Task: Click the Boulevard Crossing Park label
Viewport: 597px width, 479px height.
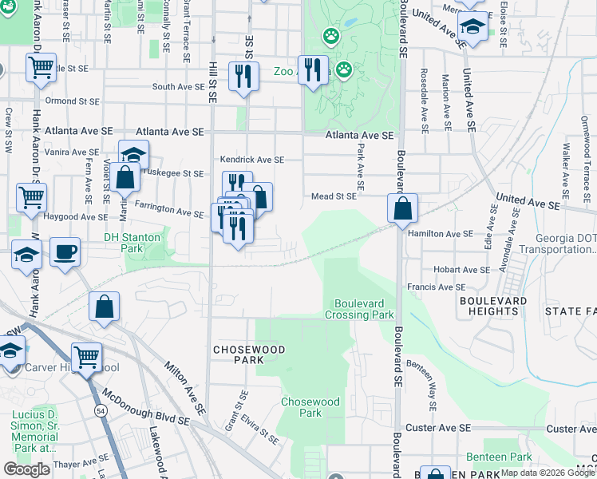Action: [x=359, y=309]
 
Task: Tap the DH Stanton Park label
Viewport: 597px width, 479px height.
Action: [x=132, y=243]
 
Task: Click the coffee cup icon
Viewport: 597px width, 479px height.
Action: [x=65, y=251]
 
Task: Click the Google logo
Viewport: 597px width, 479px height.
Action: [x=27, y=469]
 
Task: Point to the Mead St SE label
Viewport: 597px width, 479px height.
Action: [x=334, y=196]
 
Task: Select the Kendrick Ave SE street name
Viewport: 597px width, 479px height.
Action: [x=252, y=160]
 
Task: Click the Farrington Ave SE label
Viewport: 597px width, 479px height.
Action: [x=169, y=209]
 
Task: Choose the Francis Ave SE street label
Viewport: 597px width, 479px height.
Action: [x=436, y=287]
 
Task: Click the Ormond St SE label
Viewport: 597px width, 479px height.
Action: [x=72, y=101]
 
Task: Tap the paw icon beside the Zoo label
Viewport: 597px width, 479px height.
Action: [x=344, y=70]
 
